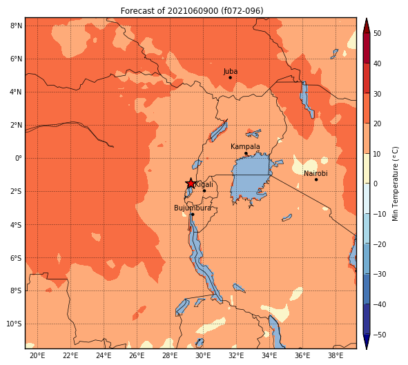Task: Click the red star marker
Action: (191, 184)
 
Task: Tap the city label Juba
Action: (231, 72)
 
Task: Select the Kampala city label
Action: (245, 147)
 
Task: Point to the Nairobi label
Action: (315, 173)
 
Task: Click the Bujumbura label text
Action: (193, 208)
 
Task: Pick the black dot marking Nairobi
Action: (316, 179)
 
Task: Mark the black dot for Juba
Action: (230, 77)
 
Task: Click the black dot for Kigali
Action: (204, 191)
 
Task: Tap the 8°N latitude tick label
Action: (16, 26)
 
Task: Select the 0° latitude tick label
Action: (18, 158)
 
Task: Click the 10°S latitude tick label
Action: (14, 324)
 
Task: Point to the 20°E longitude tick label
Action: (37, 355)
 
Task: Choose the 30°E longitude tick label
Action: (203, 355)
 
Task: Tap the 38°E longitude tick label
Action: (336, 355)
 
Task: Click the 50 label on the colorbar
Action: (377, 33)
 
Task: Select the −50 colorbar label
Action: (380, 335)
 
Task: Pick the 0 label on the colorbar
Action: (376, 184)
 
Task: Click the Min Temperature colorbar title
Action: (396, 184)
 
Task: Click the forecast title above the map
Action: (192, 11)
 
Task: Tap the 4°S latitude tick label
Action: (16, 225)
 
